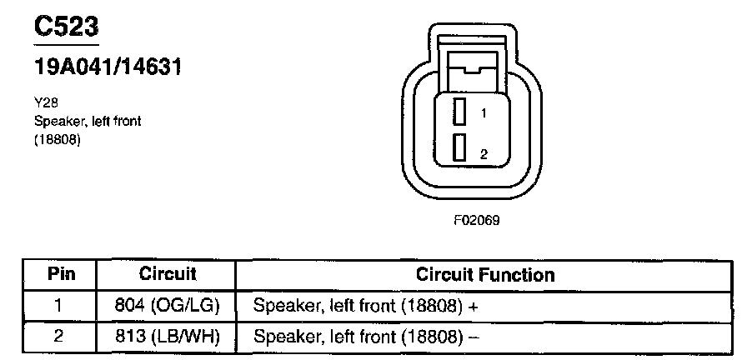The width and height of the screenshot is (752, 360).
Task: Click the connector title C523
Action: [x=66, y=27]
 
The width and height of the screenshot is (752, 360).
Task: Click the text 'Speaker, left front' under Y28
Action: [x=88, y=121]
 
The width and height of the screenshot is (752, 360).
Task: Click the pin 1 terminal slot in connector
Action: [x=459, y=112]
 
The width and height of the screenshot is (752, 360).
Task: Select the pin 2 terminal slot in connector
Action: [x=459, y=148]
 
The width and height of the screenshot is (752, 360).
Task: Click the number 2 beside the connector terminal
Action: [x=483, y=154]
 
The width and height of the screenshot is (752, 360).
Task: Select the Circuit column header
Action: [x=168, y=274]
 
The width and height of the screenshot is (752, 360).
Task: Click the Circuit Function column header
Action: [x=484, y=274]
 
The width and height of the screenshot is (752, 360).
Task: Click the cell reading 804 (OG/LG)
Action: [x=167, y=305]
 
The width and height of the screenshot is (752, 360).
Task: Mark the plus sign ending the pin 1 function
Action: [x=473, y=306]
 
